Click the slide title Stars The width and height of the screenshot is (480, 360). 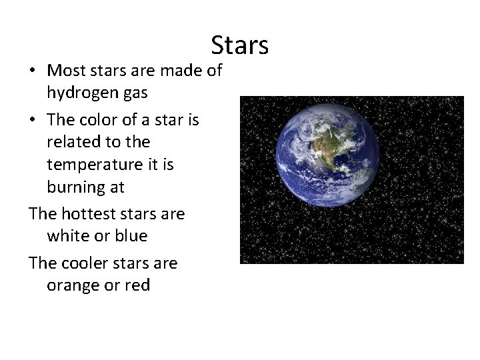(240, 45)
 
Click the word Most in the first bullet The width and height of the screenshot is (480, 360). (65, 70)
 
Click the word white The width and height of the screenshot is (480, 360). (66, 237)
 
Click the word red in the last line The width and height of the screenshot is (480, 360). (137, 286)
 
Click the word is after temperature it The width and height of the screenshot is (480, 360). (166, 165)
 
